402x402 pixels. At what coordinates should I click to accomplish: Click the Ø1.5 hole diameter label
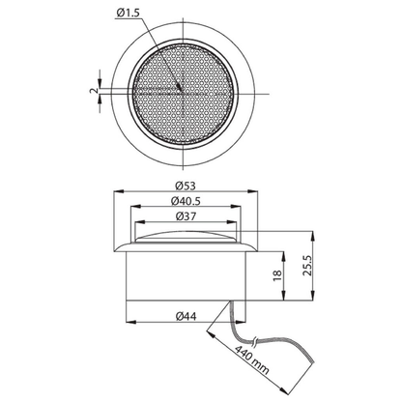pyautogui.click(x=129, y=13)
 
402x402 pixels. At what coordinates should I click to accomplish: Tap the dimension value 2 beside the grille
pyautogui.click(x=93, y=91)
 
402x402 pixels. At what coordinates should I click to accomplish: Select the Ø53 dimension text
pyautogui.click(x=186, y=186)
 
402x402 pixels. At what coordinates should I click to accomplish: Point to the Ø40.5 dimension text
pyautogui.click(x=186, y=201)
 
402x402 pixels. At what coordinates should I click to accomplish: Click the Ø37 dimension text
pyautogui.click(x=186, y=216)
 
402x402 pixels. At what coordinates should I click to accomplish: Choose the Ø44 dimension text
pyautogui.click(x=186, y=316)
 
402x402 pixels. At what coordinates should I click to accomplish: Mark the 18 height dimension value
pyautogui.click(x=277, y=275)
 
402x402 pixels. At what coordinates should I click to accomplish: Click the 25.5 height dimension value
pyautogui.click(x=307, y=266)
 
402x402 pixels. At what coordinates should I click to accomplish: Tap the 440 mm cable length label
pyautogui.click(x=251, y=359)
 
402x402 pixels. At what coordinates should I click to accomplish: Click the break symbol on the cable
pyautogui.click(x=255, y=342)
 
